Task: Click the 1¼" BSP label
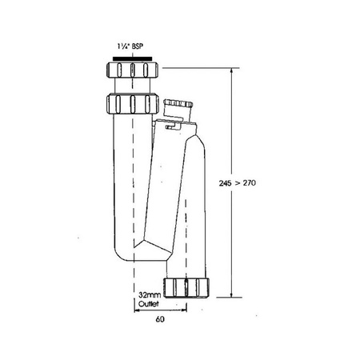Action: tap(130, 46)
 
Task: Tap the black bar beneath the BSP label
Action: tap(132, 58)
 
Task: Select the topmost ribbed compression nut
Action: tap(132, 70)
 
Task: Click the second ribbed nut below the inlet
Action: tap(133, 103)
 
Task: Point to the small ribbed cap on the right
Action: tap(178, 103)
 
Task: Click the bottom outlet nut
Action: tap(186, 287)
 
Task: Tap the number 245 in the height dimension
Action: tap(226, 183)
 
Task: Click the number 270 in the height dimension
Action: tap(250, 183)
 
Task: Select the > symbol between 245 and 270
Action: tap(237, 183)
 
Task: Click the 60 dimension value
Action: tap(160, 319)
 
